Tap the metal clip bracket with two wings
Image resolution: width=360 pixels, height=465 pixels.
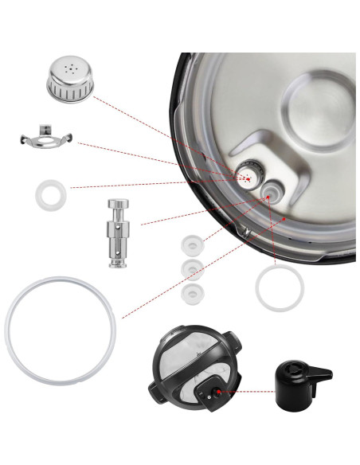click(x=45, y=142)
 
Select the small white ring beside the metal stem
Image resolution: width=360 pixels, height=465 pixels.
click(x=51, y=193)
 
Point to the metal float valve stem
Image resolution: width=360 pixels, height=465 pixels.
click(x=117, y=234)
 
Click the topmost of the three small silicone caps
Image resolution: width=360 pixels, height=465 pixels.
click(x=191, y=243)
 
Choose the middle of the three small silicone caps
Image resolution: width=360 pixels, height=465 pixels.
click(x=191, y=268)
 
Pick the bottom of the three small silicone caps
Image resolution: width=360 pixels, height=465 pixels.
click(x=191, y=294)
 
